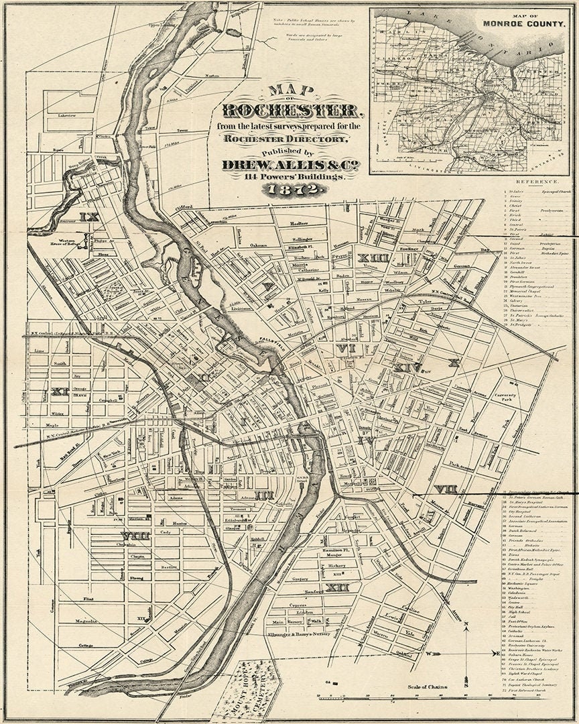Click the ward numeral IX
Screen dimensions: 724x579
coord(88,217)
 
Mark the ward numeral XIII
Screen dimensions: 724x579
coord(369,258)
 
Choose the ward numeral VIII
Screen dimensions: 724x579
coord(136,535)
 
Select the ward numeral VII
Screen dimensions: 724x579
coord(445,489)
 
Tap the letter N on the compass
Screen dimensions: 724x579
coord(466,626)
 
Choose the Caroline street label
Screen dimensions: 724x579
coord(410,611)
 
